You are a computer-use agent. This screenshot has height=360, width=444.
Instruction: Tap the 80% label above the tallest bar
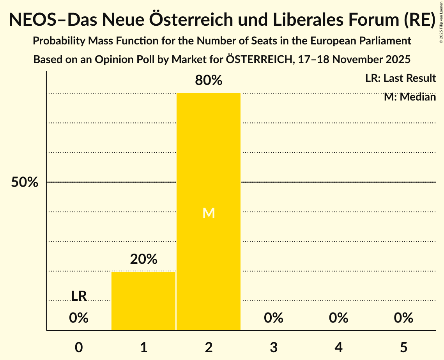point(209,81)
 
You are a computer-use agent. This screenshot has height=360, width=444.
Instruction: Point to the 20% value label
point(143,259)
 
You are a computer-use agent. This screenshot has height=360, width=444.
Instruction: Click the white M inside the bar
point(209,213)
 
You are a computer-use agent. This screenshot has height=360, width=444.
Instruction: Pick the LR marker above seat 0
point(79,296)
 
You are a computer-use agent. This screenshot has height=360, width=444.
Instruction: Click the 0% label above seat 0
point(79,318)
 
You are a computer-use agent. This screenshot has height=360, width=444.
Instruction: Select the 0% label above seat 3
point(273,318)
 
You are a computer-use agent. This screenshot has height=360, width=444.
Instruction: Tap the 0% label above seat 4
point(338,318)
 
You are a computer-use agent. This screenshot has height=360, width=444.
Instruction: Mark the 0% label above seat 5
point(403,318)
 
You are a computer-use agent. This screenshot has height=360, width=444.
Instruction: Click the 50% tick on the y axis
point(25,182)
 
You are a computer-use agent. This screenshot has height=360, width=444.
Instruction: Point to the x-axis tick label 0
point(79,347)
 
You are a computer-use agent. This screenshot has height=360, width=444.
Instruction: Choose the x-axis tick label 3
point(273,347)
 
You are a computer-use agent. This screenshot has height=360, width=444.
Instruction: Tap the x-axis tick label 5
point(403,347)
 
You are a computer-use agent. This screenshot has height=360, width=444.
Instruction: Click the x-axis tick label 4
point(338,347)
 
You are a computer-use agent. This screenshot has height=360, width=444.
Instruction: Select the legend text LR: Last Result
point(400,78)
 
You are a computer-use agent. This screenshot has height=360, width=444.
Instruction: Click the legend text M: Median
point(410,97)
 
